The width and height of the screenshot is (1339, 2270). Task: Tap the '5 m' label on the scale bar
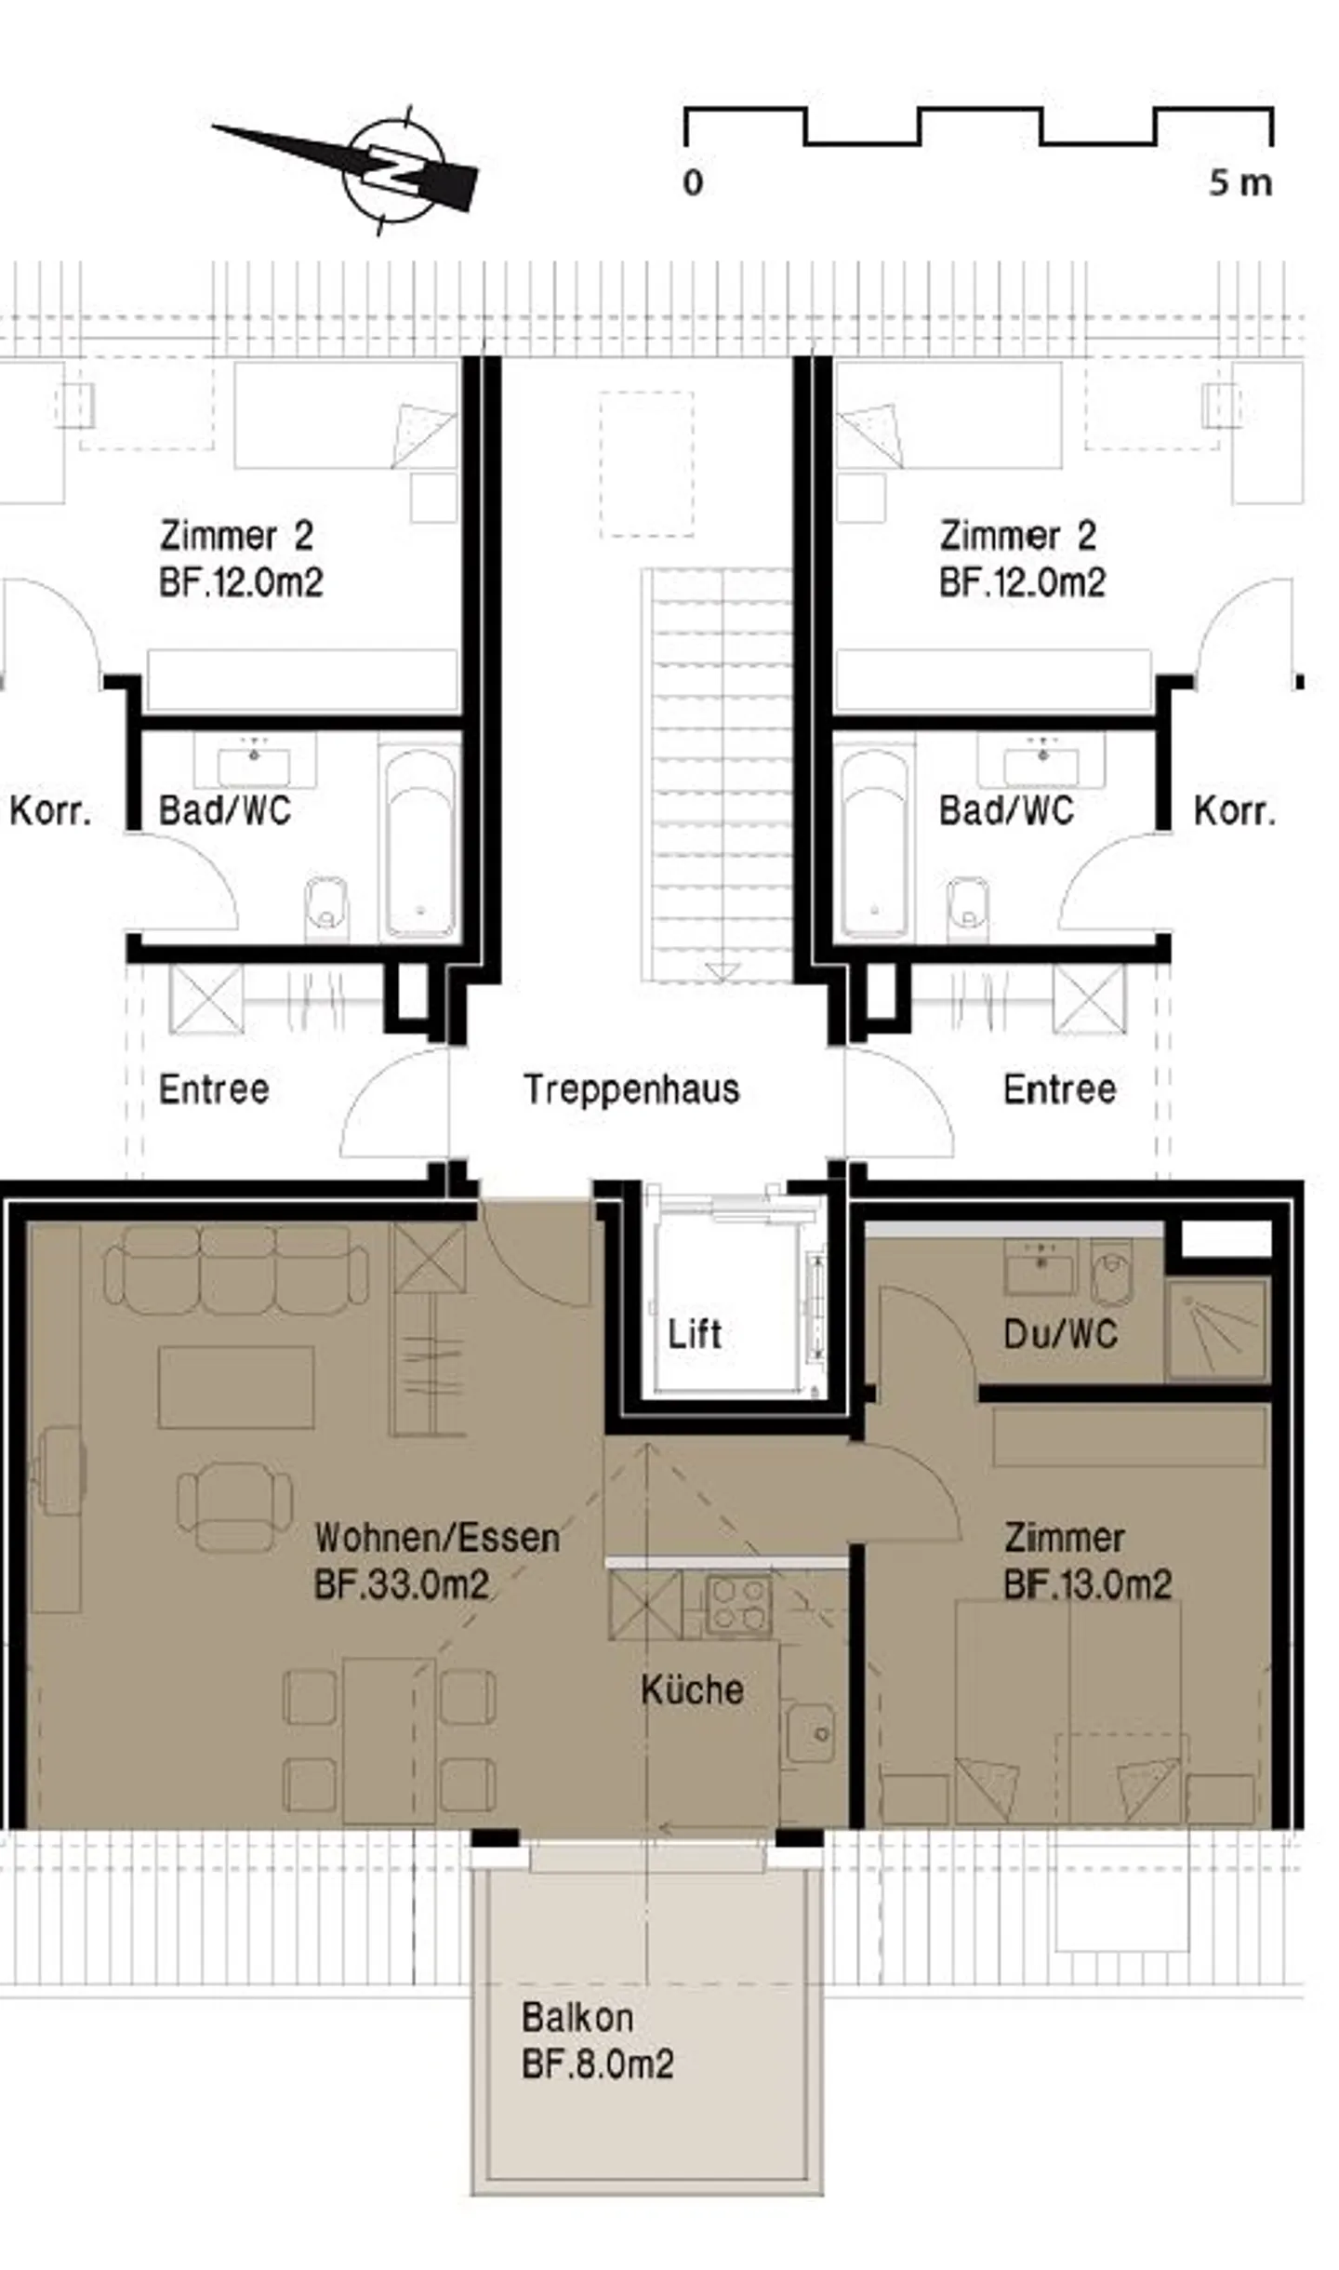pos(1240,182)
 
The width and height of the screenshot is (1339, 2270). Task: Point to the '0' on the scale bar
pos(693,182)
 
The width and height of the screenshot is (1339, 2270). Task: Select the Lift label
pos(695,1334)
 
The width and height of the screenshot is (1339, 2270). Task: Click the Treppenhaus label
pos(631,1089)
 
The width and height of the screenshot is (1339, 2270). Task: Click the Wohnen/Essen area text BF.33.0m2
pos(402,1583)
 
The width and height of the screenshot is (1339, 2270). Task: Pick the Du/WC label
pos(1061,1334)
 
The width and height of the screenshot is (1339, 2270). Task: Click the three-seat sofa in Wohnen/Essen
pos(236,1269)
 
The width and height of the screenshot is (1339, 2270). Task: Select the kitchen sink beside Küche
pos(810,1733)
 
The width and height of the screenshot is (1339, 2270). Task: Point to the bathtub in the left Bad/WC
pos(420,844)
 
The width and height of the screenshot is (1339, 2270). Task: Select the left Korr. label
pos(51,811)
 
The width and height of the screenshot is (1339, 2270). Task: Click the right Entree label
pos(1060,1089)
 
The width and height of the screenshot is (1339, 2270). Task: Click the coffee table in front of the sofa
pos(236,1387)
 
